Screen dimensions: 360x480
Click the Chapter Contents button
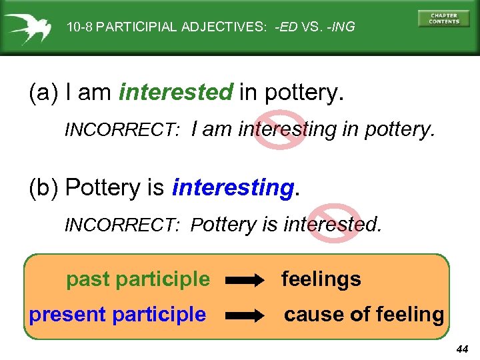(443, 18)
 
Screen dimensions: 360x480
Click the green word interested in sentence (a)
(176, 93)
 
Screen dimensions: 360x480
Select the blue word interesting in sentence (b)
(233, 189)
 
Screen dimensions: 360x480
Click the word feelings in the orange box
(321, 279)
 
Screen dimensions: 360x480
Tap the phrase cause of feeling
(364, 315)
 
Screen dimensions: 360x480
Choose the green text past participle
(137, 279)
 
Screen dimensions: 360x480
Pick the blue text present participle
(117, 315)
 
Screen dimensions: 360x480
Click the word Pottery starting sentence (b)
(105, 189)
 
